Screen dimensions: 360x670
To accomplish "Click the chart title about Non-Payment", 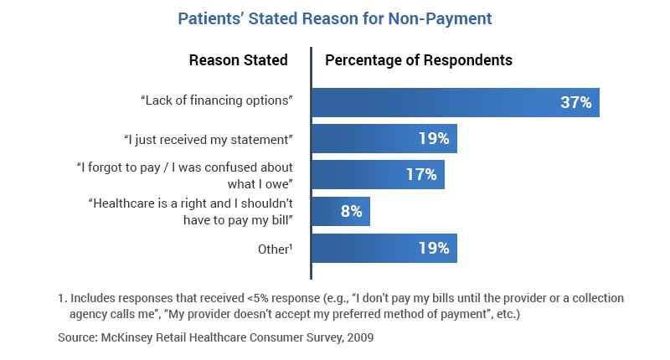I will pos(335,18).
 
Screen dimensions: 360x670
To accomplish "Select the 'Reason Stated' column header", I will pos(238,60).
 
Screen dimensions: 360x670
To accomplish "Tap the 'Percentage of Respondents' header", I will pos(418,60).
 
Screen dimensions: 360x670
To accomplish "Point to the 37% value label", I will pos(576,102).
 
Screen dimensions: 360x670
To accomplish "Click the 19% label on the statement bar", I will pos(434,139).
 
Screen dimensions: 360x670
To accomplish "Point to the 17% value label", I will pos(421,175).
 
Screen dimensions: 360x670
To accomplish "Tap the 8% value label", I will pos(351,212).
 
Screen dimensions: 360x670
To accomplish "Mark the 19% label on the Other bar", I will pos(434,249).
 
